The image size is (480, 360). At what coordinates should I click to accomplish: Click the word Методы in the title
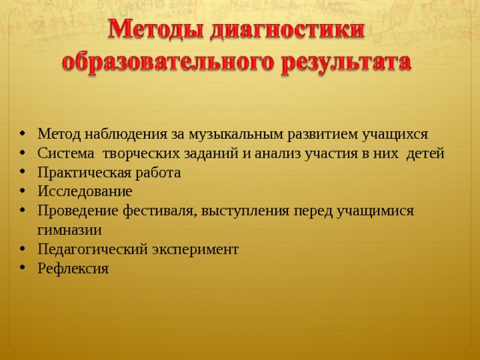pos(156,30)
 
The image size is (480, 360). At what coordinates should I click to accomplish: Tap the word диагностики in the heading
pos(287,31)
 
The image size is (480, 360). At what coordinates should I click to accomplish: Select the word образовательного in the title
pos(168,63)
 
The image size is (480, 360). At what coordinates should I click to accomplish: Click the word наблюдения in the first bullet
pos(126,135)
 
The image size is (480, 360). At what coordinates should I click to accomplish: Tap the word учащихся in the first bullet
pos(395,135)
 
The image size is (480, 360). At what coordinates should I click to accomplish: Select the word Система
pos(66,153)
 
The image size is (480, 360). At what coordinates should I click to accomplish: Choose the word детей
pos(425,154)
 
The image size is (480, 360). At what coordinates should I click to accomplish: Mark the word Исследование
pos(85,192)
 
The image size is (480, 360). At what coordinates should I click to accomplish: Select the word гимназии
pos(69,230)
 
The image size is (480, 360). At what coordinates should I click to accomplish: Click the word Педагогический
pos(93,250)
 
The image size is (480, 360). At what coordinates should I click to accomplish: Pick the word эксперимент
pos(195,250)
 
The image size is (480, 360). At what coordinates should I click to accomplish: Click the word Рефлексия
pos(73,268)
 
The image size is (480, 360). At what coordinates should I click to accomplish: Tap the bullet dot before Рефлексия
pos(22,267)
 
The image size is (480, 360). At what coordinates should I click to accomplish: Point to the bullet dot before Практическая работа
pos(22,171)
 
